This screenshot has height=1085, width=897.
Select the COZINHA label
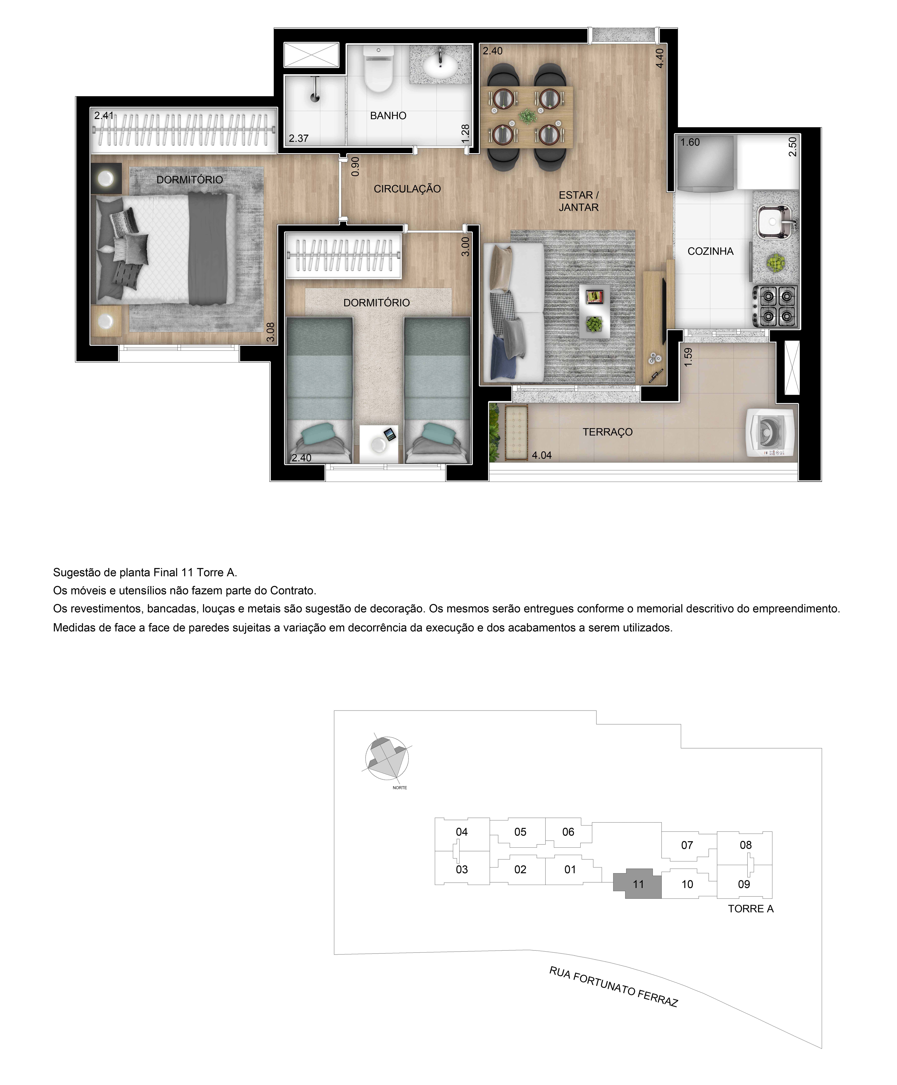[710, 252]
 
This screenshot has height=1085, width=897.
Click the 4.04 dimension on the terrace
[541, 456]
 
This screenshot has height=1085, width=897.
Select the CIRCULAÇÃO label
[407, 189]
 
